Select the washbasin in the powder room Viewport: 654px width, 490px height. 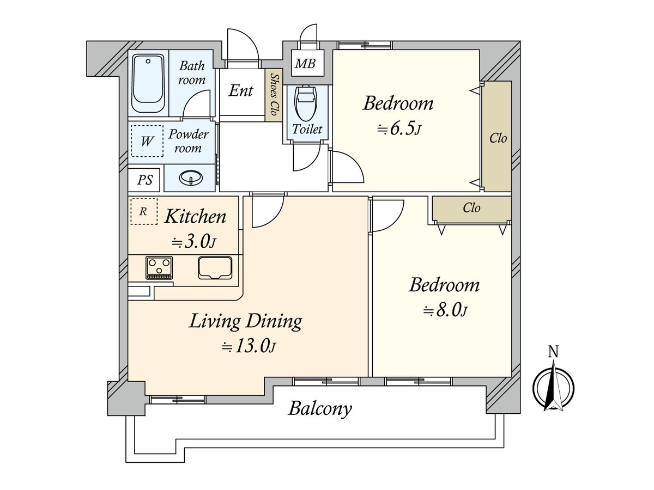(x=191, y=177)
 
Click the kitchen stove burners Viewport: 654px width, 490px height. (x=159, y=267)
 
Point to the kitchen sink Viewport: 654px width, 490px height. (x=215, y=267)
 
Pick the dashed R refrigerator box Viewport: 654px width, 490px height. (x=144, y=211)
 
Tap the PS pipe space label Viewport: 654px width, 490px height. (x=145, y=180)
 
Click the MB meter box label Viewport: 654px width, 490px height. (x=305, y=64)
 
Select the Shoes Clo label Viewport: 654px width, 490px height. (x=274, y=95)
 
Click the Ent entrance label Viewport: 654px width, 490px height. (x=241, y=90)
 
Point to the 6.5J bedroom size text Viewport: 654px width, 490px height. (x=399, y=129)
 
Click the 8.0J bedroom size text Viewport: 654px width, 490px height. (x=445, y=310)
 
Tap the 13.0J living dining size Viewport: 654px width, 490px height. (x=249, y=346)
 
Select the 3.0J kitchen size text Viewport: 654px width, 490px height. (x=193, y=242)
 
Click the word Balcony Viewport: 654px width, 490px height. (x=320, y=409)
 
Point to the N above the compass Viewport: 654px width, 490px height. (x=553, y=352)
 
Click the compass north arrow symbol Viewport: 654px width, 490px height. (x=553, y=386)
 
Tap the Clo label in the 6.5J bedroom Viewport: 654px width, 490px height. (x=498, y=138)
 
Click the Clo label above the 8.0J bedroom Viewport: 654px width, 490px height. (x=471, y=207)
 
